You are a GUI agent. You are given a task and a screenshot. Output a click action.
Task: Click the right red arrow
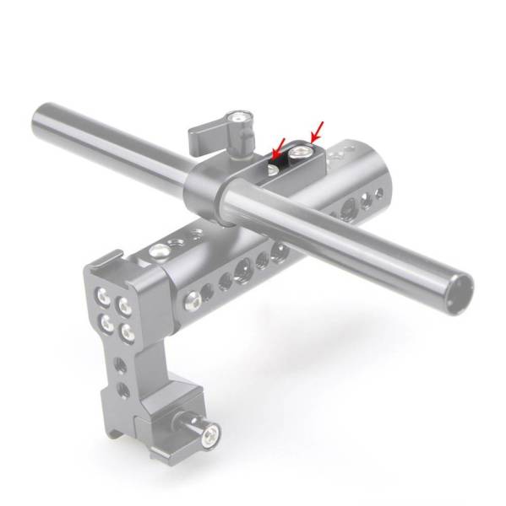(317, 131)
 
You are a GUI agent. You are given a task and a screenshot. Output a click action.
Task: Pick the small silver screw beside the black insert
(270, 170)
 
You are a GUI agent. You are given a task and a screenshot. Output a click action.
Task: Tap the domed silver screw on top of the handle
(157, 250)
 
